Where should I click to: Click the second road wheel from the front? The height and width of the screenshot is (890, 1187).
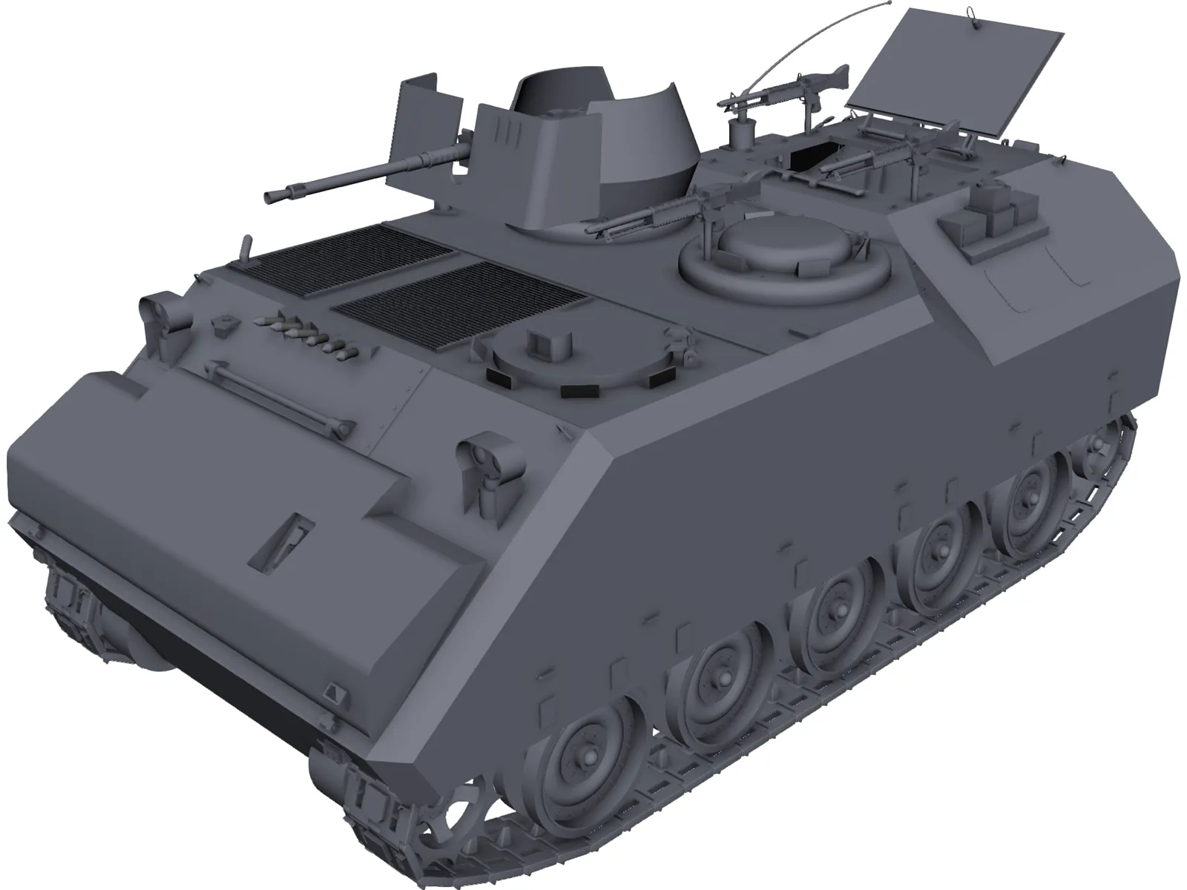716,682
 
